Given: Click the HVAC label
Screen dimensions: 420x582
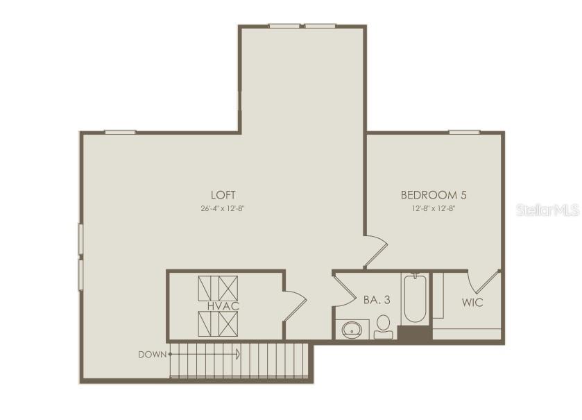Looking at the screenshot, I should click(x=219, y=305).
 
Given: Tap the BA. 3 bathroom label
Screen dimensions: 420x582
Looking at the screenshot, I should click(x=375, y=301).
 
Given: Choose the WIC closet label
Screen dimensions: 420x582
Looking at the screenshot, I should click(x=472, y=303).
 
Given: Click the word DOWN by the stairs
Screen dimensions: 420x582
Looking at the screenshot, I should click(x=152, y=354).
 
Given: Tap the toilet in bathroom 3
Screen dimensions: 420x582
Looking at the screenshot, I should click(x=383, y=326).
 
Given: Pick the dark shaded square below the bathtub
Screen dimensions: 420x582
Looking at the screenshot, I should click(x=414, y=333).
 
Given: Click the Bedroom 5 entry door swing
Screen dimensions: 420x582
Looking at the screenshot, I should click(x=375, y=251).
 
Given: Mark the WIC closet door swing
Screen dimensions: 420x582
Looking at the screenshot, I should click(x=483, y=280).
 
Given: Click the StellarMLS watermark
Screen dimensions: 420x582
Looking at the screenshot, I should click(x=547, y=210).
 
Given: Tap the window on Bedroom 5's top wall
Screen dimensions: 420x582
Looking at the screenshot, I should click(x=464, y=131).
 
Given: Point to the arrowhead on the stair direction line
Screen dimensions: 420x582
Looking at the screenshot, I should click(x=238, y=354).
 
